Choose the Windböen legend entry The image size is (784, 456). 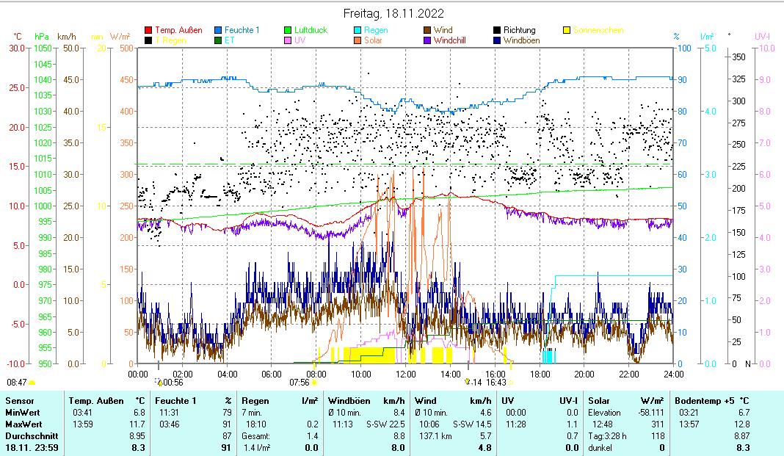coord(523,40)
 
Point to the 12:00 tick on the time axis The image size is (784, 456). coord(405,374)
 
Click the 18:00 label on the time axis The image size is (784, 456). coord(539,374)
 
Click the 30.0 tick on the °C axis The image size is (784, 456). coord(15,48)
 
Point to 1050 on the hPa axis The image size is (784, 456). coord(43,48)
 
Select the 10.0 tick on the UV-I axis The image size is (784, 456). coord(765,48)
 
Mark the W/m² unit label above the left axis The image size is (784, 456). coord(120,36)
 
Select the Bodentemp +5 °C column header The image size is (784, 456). coord(711,401)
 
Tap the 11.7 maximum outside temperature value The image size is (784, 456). coord(138,424)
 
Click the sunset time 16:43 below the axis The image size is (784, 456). coord(496,382)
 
